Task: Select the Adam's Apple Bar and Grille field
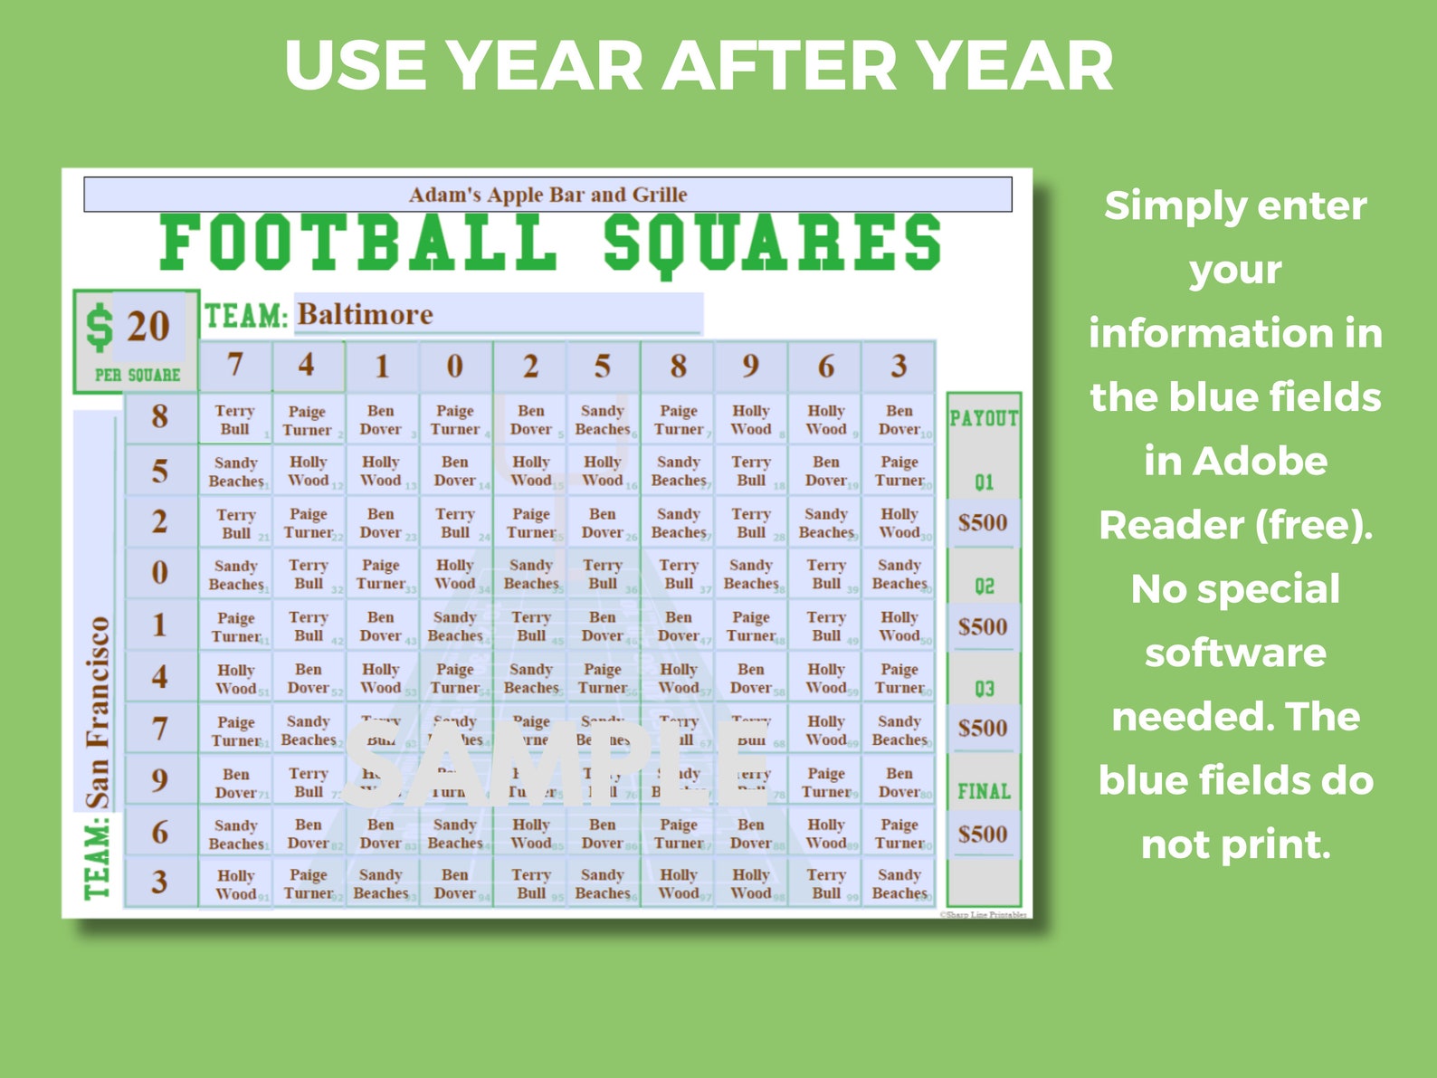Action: coord(547,195)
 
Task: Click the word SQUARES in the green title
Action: coord(772,243)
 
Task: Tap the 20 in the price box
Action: coord(148,327)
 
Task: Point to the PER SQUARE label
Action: coord(138,375)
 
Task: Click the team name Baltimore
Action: coord(366,315)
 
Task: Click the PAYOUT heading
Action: coord(984,418)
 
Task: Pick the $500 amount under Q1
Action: coord(983,522)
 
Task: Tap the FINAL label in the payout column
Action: coord(984,792)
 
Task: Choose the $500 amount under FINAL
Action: coord(983,834)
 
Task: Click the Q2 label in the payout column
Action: coord(984,586)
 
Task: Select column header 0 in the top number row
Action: coord(454,367)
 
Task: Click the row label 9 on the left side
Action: coord(159,780)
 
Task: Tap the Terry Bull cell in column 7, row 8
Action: coord(235,420)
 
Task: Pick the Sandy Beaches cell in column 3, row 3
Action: coord(899,884)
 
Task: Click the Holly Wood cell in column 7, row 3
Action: coord(235,884)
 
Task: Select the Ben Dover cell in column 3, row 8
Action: coord(899,420)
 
